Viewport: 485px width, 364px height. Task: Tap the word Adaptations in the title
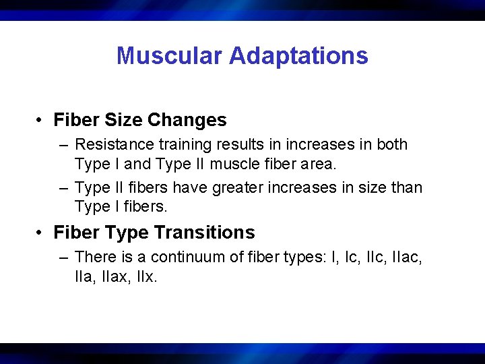coord(298,55)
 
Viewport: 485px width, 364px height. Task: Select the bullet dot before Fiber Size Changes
coord(41,121)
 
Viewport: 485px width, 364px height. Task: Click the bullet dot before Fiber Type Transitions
coord(41,233)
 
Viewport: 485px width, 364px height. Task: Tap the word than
coord(406,187)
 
